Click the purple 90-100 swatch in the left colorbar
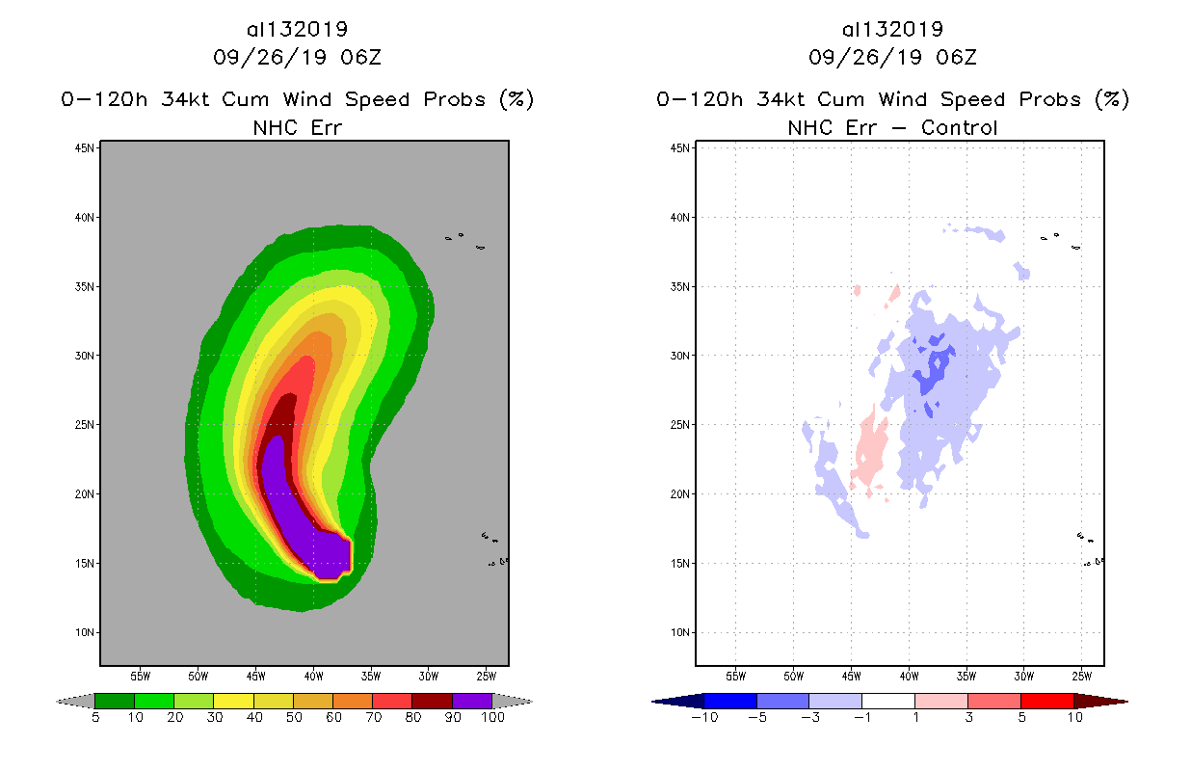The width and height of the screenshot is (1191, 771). point(472,701)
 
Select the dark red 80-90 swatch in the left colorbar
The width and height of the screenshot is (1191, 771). point(432,701)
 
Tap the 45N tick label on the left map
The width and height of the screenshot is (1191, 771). point(87,147)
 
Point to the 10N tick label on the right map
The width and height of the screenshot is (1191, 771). point(682,632)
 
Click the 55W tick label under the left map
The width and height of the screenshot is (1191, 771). point(140,676)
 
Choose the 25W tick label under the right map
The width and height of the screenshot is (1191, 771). point(1082,676)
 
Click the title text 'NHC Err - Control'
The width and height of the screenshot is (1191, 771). point(892,127)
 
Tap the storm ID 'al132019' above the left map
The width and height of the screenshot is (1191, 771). point(297,30)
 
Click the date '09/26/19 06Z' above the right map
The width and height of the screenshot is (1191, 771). point(892,58)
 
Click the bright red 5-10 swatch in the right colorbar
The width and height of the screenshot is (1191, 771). point(1046,701)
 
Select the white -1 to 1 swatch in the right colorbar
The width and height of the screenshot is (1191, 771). point(887,701)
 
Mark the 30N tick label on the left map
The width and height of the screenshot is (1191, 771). point(87,356)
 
